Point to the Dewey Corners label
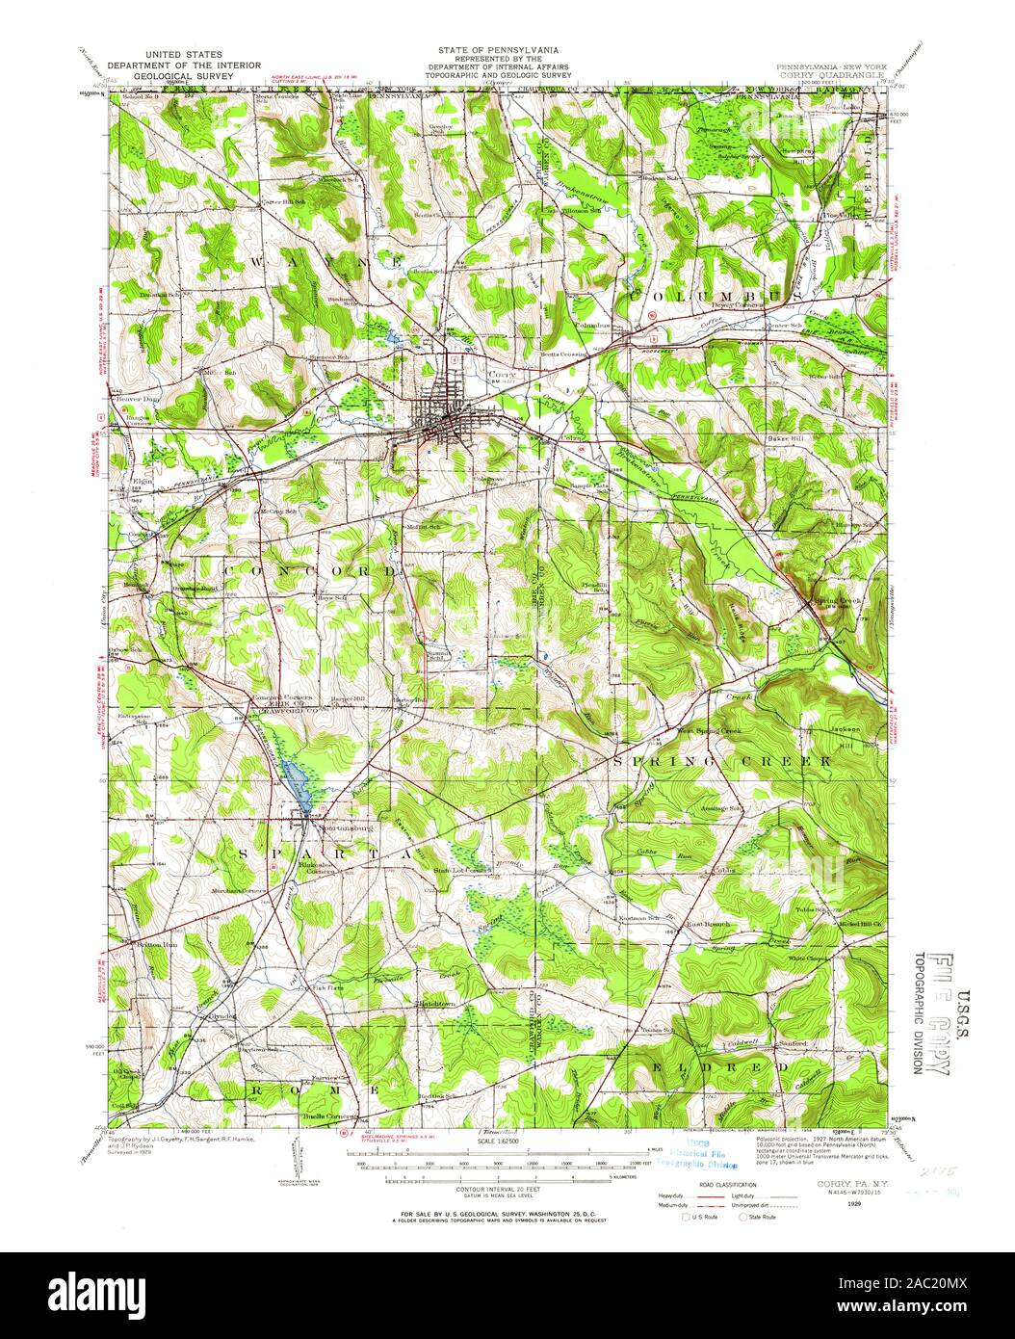737,305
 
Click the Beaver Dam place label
137,398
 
